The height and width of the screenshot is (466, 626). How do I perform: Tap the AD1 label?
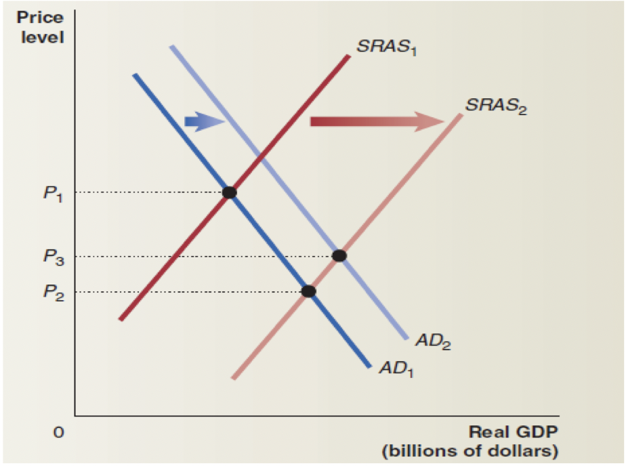tap(397, 368)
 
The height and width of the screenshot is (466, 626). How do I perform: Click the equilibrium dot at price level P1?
tap(230, 192)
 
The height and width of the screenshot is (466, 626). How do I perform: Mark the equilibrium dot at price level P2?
tap(308, 291)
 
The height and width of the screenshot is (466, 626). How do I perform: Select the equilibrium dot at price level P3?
tap(339, 255)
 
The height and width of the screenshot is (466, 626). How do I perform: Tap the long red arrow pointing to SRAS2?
tap(377, 121)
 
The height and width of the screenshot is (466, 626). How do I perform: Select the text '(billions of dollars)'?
tap(469, 450)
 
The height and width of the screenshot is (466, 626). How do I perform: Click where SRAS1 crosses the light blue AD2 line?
tap(261, 158)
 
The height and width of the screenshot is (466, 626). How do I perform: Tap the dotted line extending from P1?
tap(149, 193)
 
